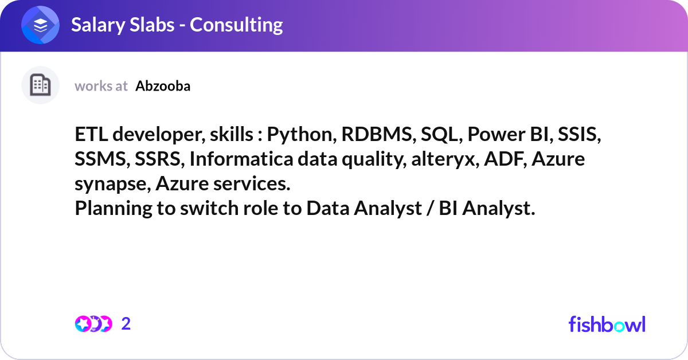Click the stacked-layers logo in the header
pyautogui.click(x=40, y=25)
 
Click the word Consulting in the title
pyautogui.click(x=236, y=25)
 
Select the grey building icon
pyautogui.click(x=40, y=85)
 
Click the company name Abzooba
pyautogui.click(x=163, y=86)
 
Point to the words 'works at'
pyautogui.click(x=101, y=86)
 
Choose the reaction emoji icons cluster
pyautogui.click(x=93, y=324)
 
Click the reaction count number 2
pyautogui.click(x=126, y=324)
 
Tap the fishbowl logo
pyautogui.click(x=607, y=324)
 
